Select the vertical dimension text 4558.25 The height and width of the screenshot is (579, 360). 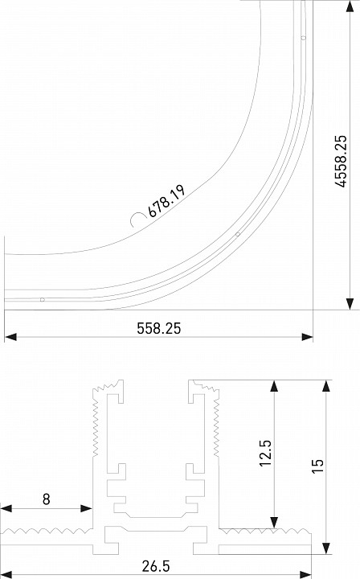pyautogui.click(x=341, y=173)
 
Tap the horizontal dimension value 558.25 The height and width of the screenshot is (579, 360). pyautogui.click(x=159, y=328)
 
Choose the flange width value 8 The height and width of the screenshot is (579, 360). pyautogui.click(x=46, y=499)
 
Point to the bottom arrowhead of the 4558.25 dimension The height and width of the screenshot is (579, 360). pyautogui.click(x=349, y=302)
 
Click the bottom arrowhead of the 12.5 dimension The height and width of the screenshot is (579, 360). pyautogui.click(x=274, y=520)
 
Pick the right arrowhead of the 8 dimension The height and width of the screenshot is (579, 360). pyautogui.click(x=86, y=508)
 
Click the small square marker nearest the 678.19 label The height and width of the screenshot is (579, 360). pyautogui.click(x=237, y=235)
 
